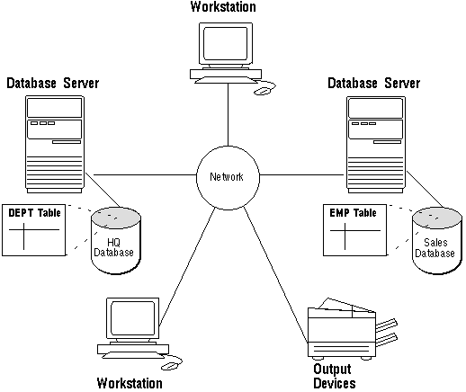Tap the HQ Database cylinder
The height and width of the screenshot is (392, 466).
tap(116, 240)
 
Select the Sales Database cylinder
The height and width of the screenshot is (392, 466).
tap(437, 241)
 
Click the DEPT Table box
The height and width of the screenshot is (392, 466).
tap(34, 230)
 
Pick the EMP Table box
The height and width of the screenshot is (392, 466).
tap(355, 230)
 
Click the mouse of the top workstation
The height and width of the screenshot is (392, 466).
tap(264, 89)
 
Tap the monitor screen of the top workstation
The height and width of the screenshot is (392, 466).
tap(226, 43)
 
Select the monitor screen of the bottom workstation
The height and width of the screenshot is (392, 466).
tap(133, 318)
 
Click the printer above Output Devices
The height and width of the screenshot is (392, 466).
tap(353, 329)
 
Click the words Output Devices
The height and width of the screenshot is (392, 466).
tap(334, 377)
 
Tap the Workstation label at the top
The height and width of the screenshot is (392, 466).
tap(223, 6)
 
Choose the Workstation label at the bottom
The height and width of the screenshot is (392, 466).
tap(130, 383)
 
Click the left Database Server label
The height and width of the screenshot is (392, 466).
tap(53, 83)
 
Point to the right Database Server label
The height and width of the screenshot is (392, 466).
tap(374, 83)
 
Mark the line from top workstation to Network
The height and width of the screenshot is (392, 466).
tap(228, 115)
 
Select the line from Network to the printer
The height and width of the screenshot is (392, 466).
tap(275, 275)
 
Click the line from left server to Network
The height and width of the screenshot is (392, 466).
tap(145, 174)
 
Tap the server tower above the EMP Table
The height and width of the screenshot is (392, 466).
tap(376, 145)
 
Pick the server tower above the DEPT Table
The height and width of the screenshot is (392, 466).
tap(55, 145)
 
